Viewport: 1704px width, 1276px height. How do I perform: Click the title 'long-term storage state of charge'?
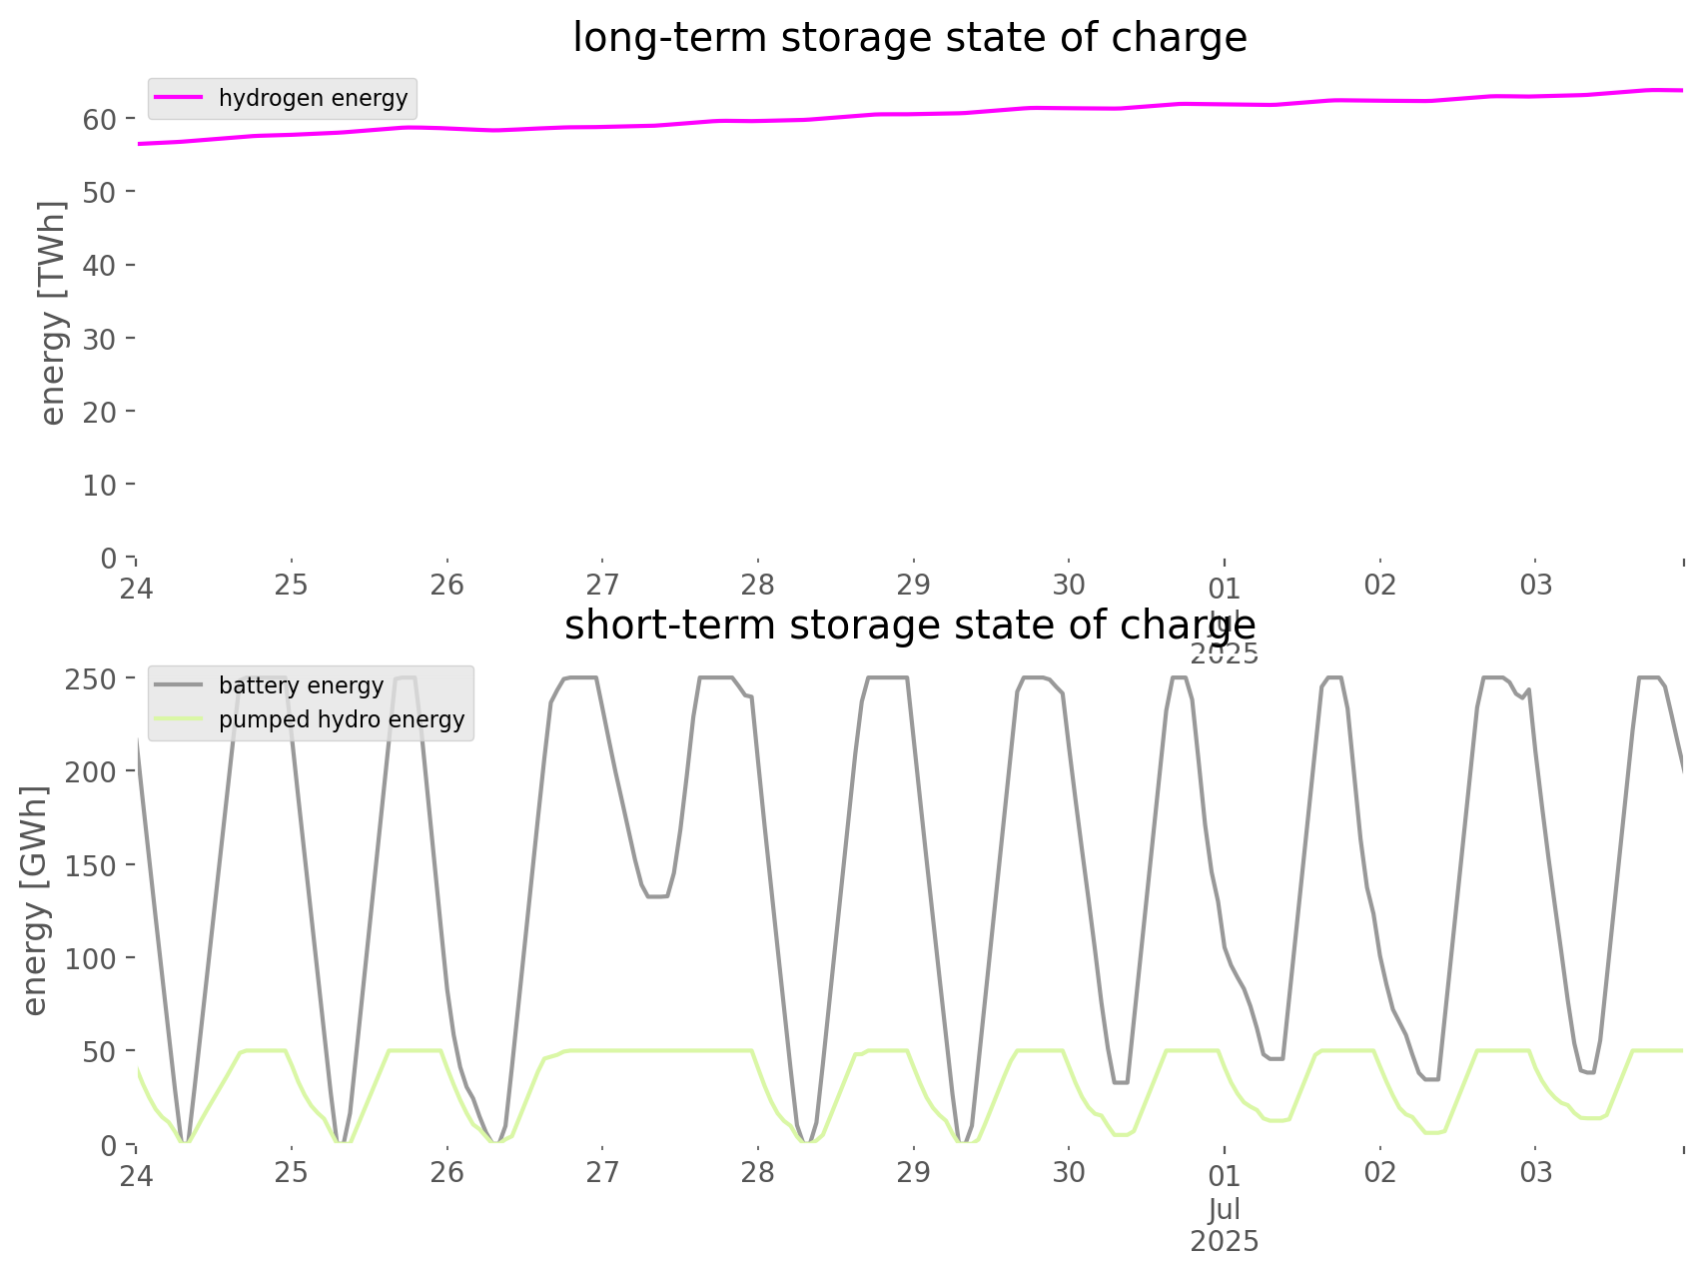click(909, 38)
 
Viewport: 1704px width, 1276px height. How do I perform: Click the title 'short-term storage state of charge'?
click(909, 626)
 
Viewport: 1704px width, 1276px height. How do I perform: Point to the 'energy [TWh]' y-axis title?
click(53, 313)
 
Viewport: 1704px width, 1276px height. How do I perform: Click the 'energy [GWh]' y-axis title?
click(35, 901)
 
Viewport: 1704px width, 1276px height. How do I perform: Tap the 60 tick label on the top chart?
click(100, 120)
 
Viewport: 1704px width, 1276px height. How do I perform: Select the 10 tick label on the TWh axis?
click(100, 486)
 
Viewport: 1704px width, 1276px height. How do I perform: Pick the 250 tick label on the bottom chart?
click(92, 679)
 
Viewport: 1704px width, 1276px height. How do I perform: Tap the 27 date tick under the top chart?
click(602, 585)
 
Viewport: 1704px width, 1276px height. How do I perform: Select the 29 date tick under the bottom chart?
click(913, 1172)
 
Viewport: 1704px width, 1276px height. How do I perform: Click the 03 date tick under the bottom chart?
click(1535, 1173)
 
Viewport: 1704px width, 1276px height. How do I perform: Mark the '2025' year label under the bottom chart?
click(1225, 1242)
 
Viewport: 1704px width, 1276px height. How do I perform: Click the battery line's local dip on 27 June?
click(656, 896)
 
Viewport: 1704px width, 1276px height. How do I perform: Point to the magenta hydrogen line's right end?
click(1682, 91)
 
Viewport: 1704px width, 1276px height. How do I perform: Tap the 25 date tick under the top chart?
click(292, 585)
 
